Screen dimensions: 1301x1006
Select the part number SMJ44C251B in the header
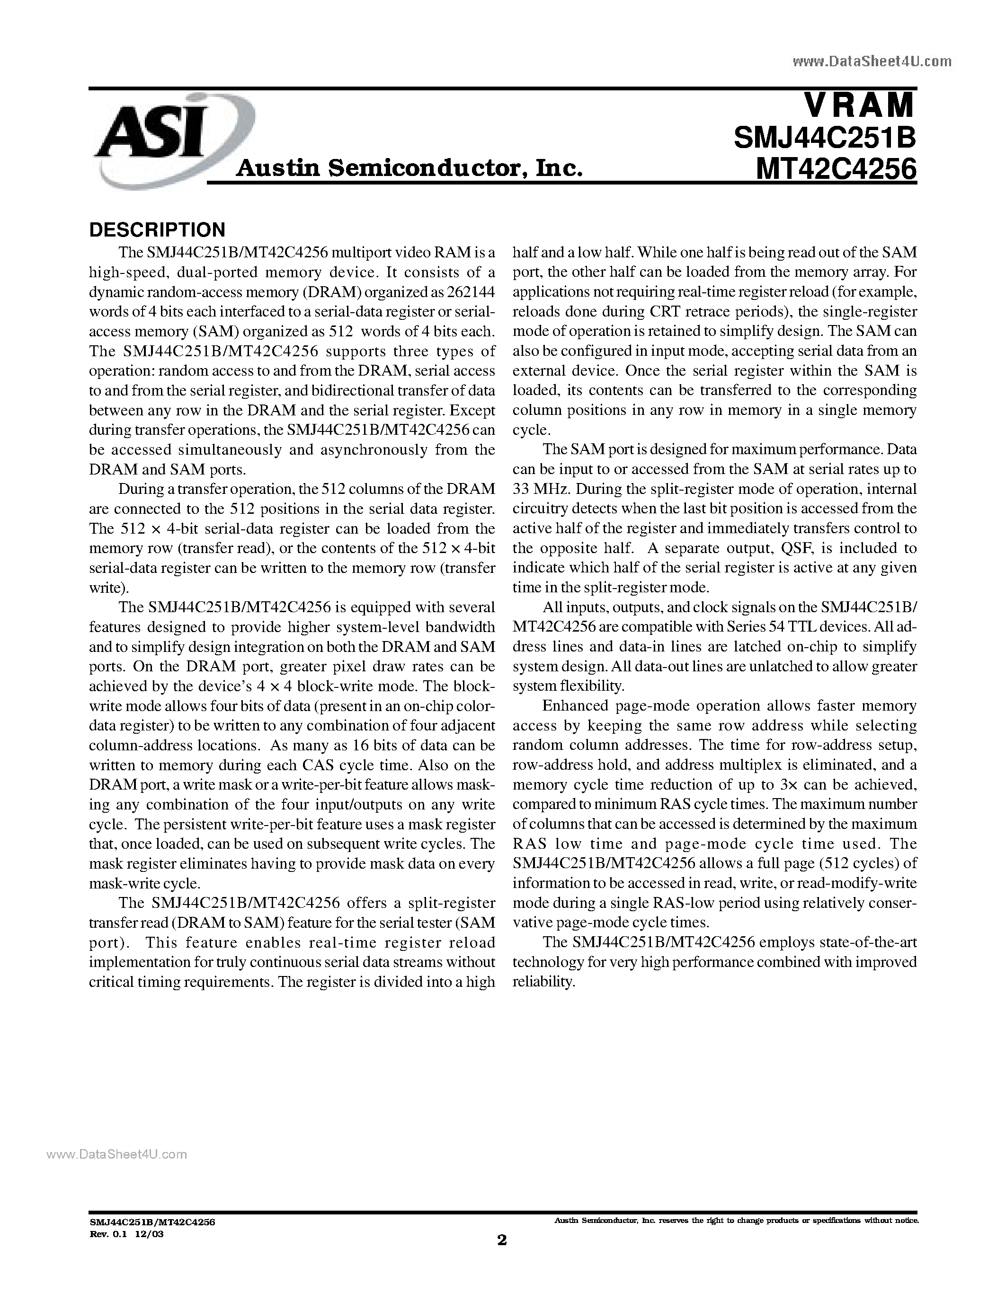pyautogui.click(x=824, y=139)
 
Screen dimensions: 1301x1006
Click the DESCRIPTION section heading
pyautogui.click(x=157, y=229)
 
